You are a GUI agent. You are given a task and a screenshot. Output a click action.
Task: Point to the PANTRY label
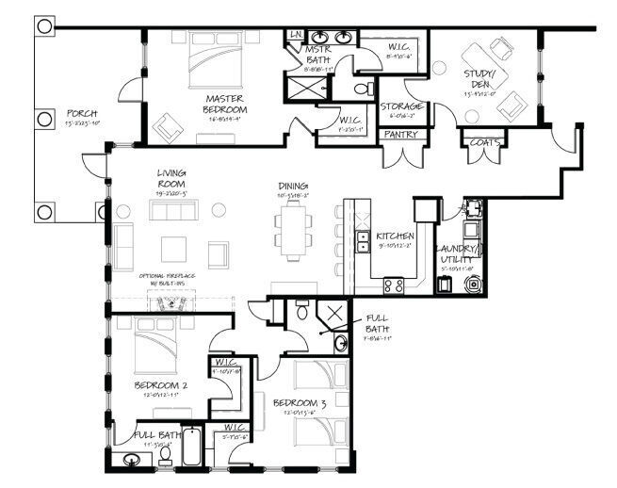[398, 134]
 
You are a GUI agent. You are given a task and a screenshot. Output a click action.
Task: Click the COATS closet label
[477, 142]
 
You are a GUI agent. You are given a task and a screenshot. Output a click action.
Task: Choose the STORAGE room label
[401, 106]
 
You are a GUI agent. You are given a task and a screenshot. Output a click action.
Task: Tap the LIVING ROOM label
[171, 179]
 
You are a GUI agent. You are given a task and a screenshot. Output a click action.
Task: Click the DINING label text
[293, 187]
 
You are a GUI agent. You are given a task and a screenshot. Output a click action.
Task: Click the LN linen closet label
[295, 35]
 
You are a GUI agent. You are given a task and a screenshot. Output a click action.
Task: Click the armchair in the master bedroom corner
[169, 123]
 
